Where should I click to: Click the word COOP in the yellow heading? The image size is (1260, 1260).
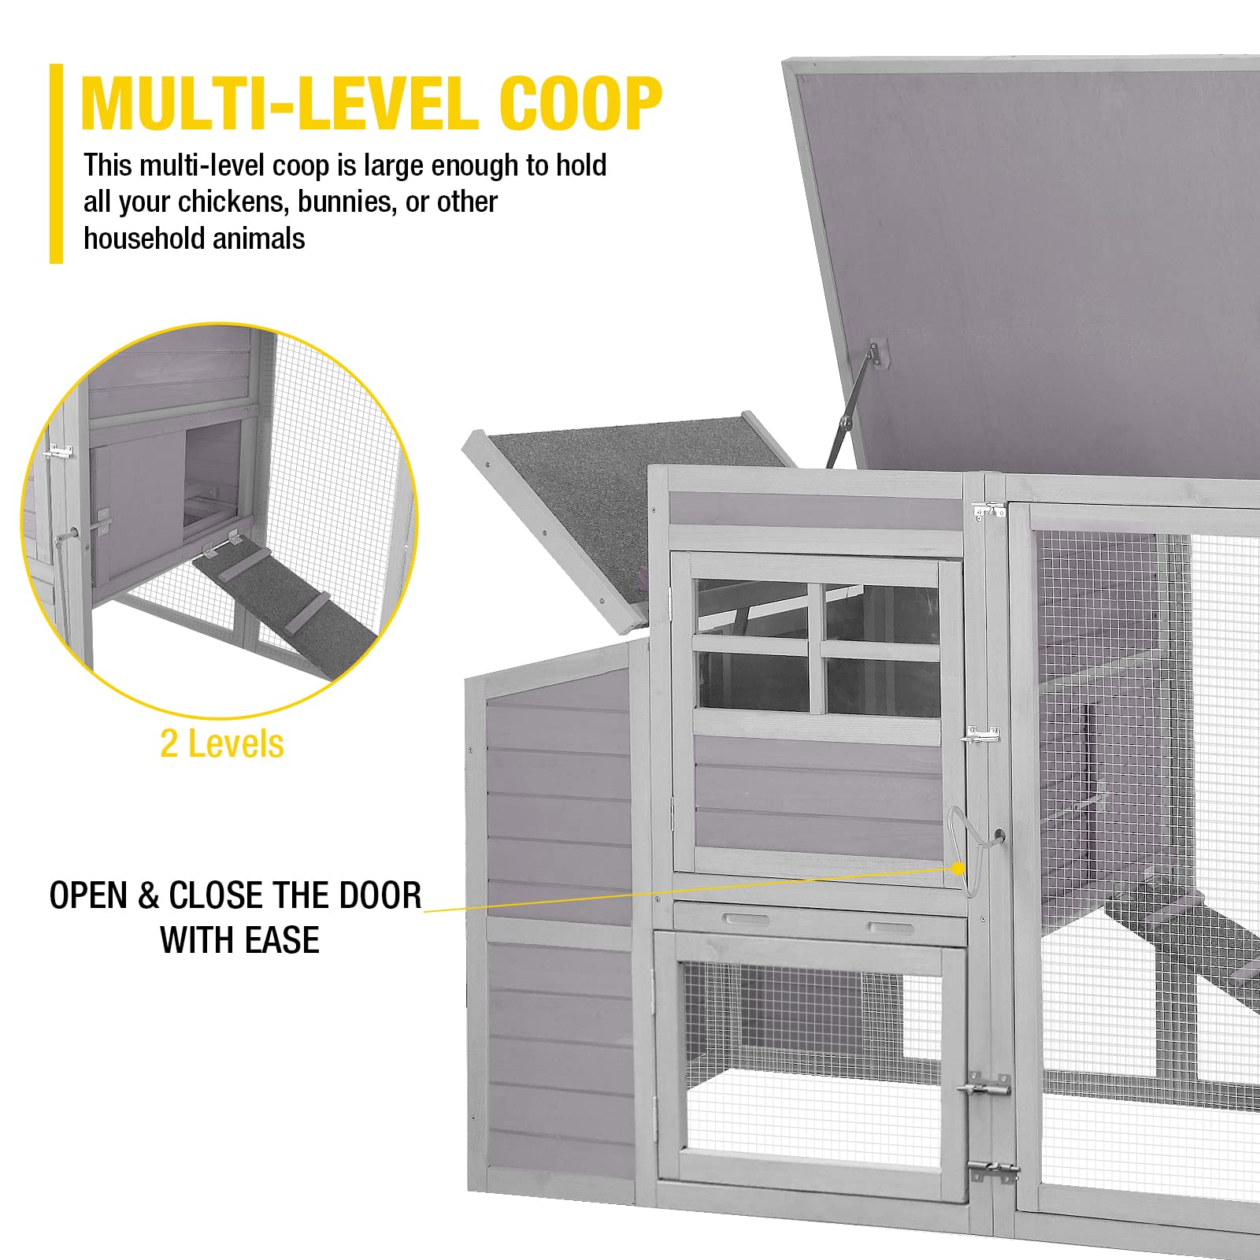580,103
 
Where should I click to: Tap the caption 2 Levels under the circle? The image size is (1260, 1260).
221,744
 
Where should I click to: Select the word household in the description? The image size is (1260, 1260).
139,239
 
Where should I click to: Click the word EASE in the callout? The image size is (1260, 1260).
281,940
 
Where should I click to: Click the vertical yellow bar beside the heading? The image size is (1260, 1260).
56,163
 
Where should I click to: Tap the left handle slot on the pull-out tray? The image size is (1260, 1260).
746,919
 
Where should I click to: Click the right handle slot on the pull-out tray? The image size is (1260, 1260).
890,928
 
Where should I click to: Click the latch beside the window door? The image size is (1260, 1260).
981,736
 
